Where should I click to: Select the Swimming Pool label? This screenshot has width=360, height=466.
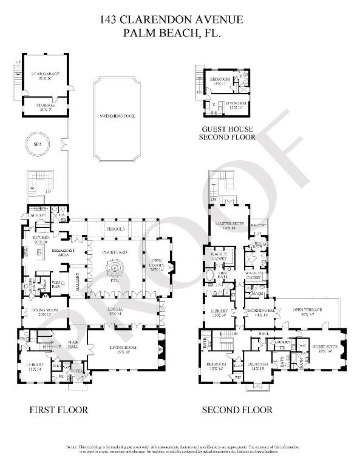[118, 115]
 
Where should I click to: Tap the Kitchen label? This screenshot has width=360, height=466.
[41, 239]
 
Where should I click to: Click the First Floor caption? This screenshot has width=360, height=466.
[59, 410]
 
